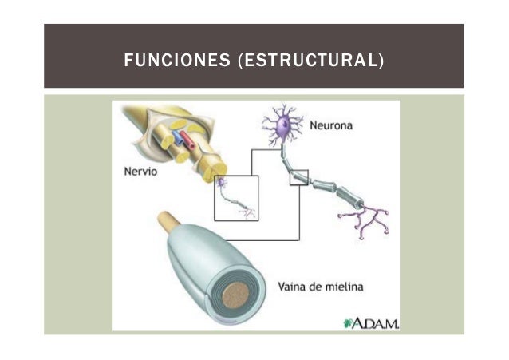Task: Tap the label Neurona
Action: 331,125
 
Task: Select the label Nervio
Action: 141,171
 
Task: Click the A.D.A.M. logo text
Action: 376,322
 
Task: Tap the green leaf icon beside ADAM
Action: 348,323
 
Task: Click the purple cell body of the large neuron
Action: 280,127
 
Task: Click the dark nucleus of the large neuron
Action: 281,125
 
